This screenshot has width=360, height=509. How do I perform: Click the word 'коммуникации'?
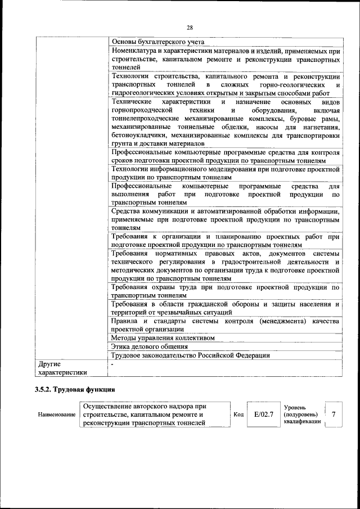click(x=168, y=211)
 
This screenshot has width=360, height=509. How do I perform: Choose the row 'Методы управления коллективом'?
click(x=163, y=338)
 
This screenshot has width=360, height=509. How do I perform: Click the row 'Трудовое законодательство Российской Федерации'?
click(x=190, y=355)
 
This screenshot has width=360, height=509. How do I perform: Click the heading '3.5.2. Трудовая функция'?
click(x=75, y=389)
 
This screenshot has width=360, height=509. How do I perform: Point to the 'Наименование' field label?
click(x=57, y=415)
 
